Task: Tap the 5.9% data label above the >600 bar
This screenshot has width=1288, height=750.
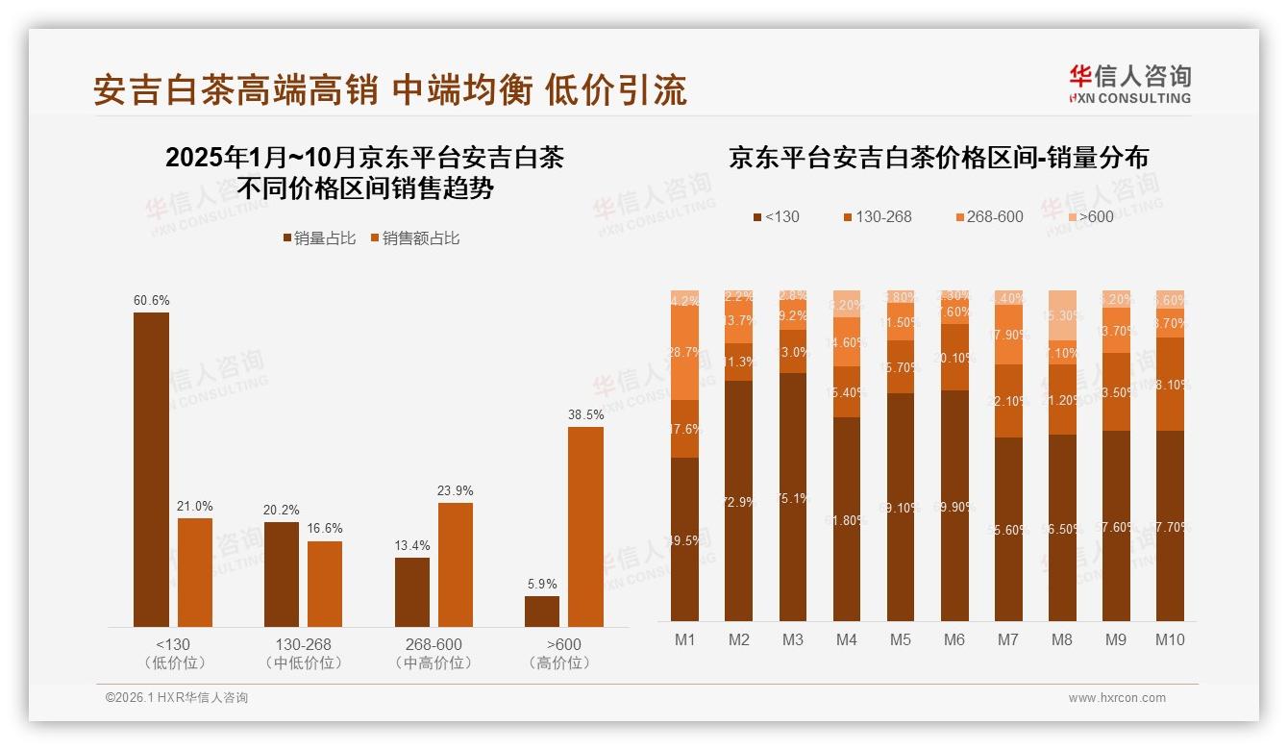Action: tap(541, 584)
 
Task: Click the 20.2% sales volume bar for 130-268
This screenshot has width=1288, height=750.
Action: tap(281, 574)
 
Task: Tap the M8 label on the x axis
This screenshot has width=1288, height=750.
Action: tap(1062, 639)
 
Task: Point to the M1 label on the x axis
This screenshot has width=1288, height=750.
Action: tap(684, 639)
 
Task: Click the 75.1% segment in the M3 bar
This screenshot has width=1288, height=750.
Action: tap(793, 497)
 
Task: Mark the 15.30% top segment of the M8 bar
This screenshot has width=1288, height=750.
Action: tap(1062, 315)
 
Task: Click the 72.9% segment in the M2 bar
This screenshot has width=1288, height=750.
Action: tap(739, 501)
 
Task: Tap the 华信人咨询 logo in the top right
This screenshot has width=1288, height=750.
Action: tap(1129, 84)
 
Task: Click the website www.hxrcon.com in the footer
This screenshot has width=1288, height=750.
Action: tap(1117, 698)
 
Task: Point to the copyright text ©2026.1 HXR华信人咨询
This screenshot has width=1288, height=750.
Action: tap(177, 698)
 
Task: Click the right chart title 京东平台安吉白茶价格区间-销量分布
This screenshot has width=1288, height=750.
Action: tap(938, 158)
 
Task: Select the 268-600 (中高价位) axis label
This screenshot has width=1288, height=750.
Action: tap(433, 653)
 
